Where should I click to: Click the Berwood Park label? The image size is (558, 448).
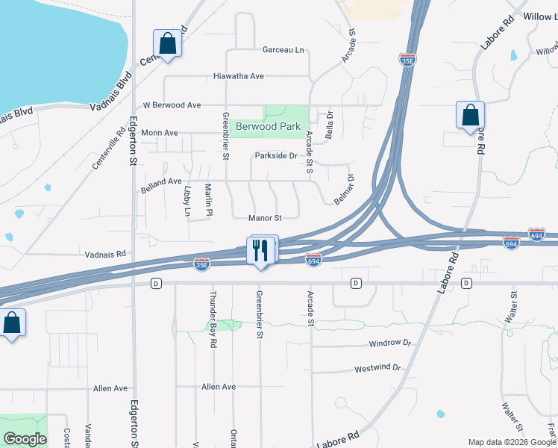coord(267,127)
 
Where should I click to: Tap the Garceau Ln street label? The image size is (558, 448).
coord(283,50)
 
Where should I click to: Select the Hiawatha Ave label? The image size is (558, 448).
coord(239,76)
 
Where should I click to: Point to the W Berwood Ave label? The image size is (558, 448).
coord(172,105)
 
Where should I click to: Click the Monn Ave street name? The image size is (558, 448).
coord(160,133)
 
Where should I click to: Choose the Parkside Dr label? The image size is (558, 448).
coord(276,156)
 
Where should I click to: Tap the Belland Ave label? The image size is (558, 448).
coord(161,181)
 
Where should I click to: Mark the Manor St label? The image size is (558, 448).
coord(265,218)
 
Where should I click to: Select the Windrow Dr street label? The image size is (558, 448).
coord(391,343)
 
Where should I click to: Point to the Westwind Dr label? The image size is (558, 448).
coord(377,369)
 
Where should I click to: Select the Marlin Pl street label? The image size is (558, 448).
coord(210,199)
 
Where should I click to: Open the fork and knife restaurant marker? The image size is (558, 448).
coord(260,249)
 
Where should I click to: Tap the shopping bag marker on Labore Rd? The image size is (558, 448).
coord(470,116)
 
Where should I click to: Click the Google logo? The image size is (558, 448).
coord(25,439)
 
